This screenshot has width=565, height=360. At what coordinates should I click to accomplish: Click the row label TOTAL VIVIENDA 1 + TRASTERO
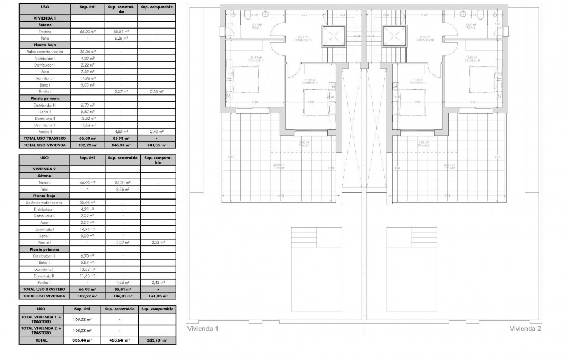[41, 318]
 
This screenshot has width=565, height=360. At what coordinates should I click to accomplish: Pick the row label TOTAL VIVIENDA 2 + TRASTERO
[41, 330]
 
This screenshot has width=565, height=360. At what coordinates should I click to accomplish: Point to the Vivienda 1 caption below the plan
[203, 328]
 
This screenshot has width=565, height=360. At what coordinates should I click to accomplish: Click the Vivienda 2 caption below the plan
[525, 328]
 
